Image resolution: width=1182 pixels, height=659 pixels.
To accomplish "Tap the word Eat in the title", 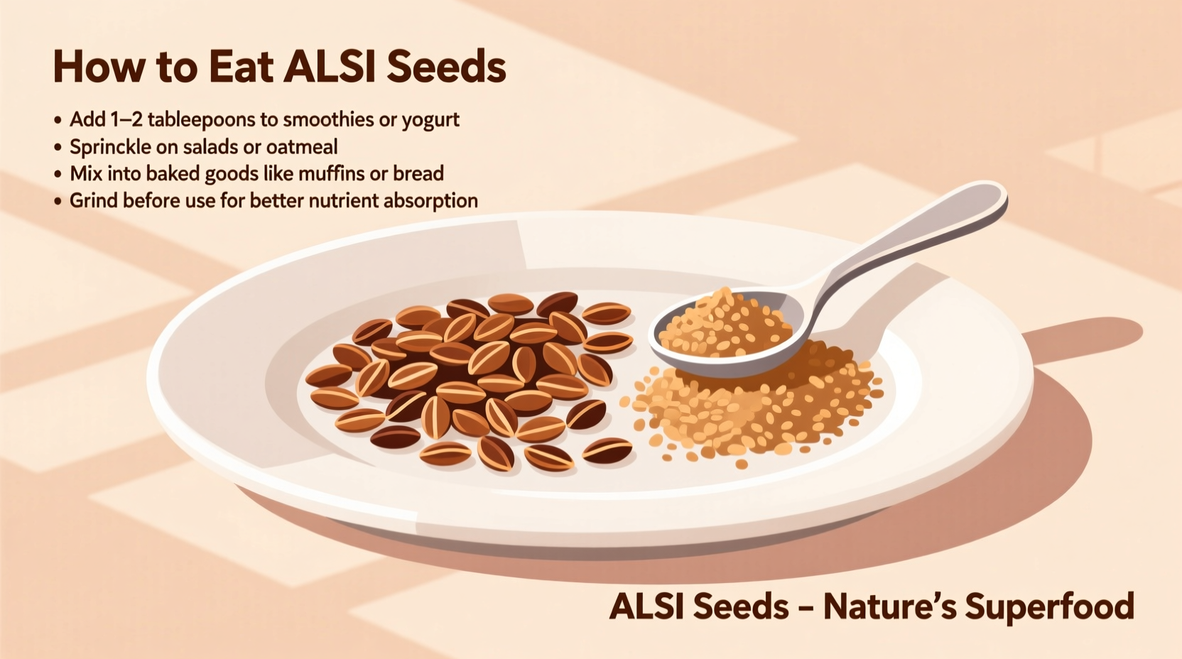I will (x=241, y=68).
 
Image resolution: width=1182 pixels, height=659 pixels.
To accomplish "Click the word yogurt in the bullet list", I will (x=430, y=120).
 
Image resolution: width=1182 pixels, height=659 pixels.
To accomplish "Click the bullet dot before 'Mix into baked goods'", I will (x=58, y=175).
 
